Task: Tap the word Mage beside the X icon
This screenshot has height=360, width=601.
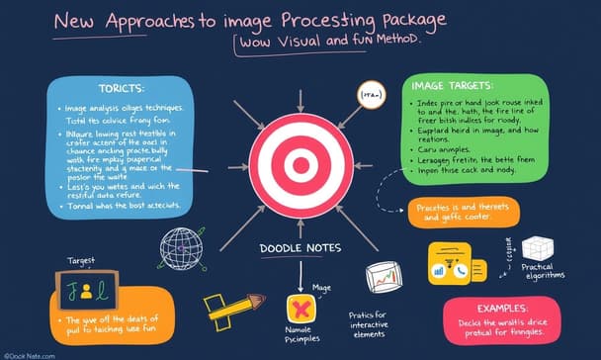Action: coord(321,288)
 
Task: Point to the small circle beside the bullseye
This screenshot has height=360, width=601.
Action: coord(371,95)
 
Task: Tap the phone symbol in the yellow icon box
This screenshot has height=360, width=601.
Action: coord(463,269)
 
